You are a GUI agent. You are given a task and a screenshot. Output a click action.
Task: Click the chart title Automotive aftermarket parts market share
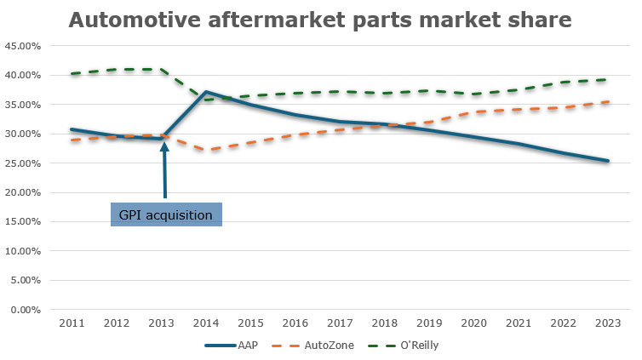[320, 20]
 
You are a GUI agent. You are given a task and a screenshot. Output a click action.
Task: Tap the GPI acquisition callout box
[166, 214]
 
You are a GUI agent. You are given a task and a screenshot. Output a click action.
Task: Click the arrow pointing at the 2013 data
[164, 170]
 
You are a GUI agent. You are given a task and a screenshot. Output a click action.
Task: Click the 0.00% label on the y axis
[26, 310]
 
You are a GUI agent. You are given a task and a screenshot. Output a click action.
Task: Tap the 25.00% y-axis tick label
[23, 163]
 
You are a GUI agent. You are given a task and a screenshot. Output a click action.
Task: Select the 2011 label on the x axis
[72, 323]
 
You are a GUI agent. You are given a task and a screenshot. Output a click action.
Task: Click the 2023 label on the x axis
[607, 323]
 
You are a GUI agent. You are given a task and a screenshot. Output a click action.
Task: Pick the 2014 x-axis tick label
[205, 323]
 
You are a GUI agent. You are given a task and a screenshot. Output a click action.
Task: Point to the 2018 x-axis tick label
[384, 323]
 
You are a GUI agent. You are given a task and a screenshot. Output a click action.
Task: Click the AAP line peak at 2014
[205, 92]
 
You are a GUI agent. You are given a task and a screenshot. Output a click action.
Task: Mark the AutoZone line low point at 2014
[205, 150]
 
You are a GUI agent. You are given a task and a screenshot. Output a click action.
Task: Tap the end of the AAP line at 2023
[607, 161]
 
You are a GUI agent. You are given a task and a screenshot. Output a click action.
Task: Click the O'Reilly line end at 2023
[607, 79]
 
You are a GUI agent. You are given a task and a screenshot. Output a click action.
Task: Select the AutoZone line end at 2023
[607, 102]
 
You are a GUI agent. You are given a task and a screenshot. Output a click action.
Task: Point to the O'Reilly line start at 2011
[72, 74]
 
